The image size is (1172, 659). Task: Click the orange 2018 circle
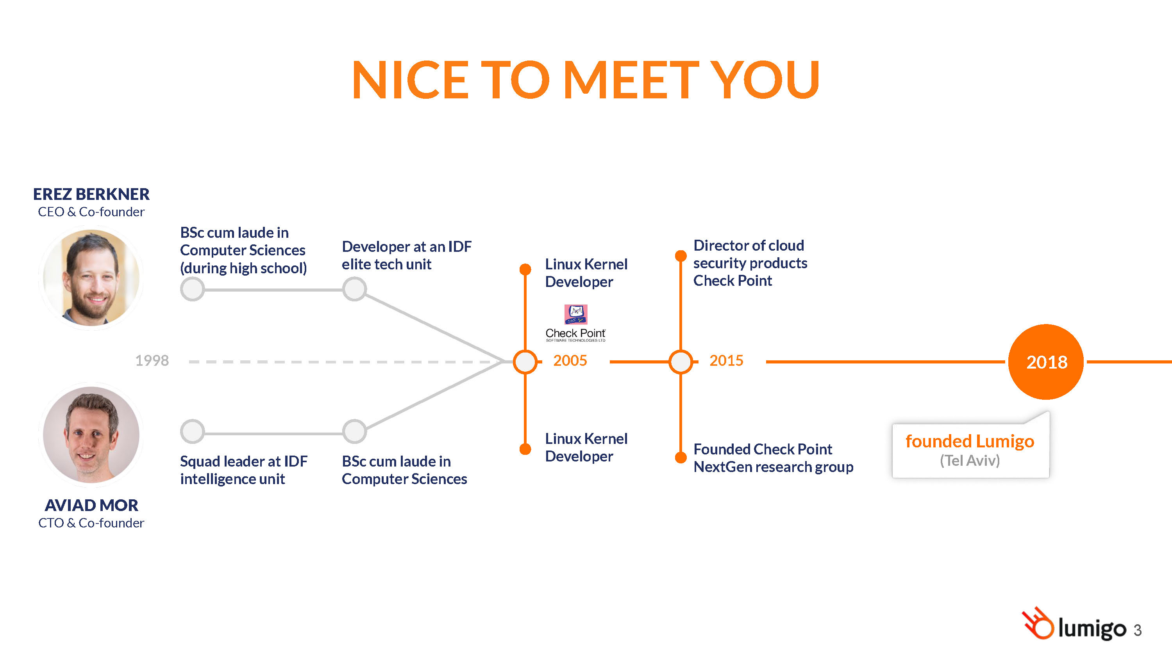coord(1045,362)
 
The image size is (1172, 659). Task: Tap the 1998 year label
coord(152,361)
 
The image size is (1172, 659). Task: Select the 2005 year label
coord(570,361)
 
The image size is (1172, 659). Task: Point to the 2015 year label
coord(726,361)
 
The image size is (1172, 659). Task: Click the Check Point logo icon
coord(575,314)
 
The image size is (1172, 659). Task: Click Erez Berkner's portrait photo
coord(91,278)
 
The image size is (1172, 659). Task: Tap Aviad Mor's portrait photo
coord(91,435)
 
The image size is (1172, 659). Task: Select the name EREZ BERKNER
coord(91,194)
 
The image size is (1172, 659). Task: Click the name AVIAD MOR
coord(91,505)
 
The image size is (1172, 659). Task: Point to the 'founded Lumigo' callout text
coord(970,441)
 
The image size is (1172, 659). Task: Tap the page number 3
coord(1137,631)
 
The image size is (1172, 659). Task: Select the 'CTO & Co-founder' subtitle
coord(91,523)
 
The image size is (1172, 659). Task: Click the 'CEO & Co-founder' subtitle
coord(91,212)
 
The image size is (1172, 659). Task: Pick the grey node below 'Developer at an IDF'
coord(354,289)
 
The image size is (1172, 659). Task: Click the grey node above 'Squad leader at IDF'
coord(193,431)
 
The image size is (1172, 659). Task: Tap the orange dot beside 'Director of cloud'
coord(681,256)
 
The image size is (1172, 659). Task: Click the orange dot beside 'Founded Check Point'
coord(681,458)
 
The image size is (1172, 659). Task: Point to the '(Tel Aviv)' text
coord(970,461)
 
